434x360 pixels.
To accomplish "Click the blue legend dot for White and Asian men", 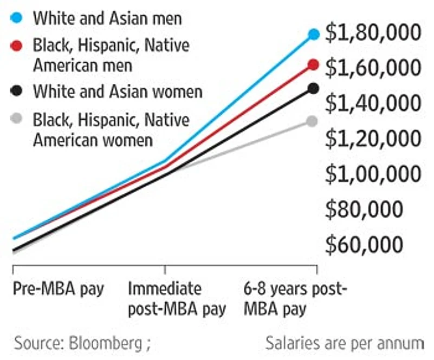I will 17,18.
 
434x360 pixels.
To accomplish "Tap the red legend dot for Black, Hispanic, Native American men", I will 17,45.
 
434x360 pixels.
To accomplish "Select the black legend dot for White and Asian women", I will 17,91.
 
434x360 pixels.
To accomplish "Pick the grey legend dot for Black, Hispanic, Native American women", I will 17,119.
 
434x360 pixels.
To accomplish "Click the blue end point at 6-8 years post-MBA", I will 314,34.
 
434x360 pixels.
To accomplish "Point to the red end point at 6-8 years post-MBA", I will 314,65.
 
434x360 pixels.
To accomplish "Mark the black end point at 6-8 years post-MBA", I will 314,88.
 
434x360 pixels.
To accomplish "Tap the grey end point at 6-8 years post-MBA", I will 313,121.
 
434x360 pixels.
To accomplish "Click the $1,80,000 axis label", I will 373,33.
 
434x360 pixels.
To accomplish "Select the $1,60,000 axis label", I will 373,68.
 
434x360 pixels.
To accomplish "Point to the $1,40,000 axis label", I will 373,103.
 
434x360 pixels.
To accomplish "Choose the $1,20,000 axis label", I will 373,139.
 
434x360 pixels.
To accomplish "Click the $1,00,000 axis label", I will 373,174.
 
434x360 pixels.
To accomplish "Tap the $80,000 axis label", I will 364,210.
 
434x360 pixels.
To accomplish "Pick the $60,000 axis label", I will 364,245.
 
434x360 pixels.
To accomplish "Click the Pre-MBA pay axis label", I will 58,289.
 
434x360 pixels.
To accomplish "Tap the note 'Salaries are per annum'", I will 345,343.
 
